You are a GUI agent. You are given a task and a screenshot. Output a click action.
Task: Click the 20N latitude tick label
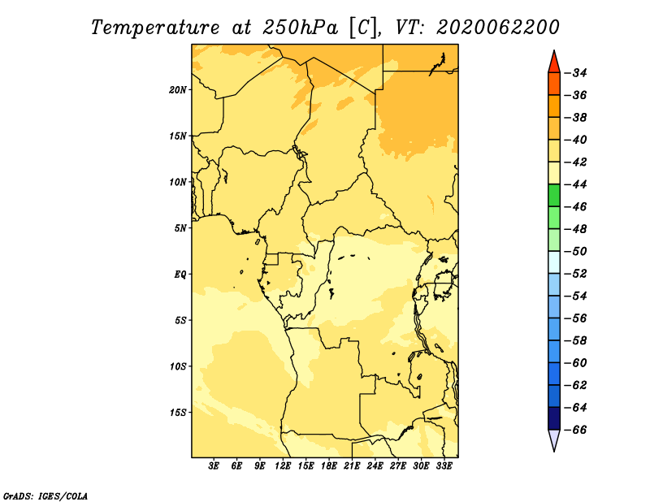coord(177,90)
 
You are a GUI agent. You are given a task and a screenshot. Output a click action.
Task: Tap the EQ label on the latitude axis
coord(180,275)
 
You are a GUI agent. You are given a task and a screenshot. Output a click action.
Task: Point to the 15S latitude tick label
coord(178,413)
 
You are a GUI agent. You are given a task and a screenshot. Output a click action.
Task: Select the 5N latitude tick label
coord(180,228)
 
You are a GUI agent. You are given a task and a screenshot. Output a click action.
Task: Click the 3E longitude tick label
coord(214,465)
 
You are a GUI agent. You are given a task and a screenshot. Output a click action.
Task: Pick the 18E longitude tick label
coord(329,465)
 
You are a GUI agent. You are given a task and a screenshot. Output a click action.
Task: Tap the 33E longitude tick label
coord(444,465)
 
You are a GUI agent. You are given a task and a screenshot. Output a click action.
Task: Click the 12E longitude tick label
coord(283,465)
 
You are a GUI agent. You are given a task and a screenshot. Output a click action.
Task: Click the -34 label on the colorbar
coord(576,73)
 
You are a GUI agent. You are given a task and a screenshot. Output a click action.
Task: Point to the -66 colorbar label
coord(576,430)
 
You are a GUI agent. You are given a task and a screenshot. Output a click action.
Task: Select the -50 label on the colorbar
coord(576,252)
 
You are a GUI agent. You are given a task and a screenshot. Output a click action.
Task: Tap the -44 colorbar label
coord(576,184)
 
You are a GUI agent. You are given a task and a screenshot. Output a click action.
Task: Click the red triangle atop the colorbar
coord(554,63)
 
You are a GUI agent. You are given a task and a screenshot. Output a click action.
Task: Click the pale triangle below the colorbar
coord(554,438)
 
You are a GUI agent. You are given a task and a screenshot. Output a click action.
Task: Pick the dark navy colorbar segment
coord(554,418)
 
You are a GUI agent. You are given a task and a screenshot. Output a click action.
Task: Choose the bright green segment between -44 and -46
coord(554,195)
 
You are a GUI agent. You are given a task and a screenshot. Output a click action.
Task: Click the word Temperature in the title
coord(155,28)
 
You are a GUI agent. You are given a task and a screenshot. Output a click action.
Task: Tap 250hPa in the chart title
coord(300,28)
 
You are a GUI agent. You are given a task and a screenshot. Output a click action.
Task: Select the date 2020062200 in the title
coord(497,28)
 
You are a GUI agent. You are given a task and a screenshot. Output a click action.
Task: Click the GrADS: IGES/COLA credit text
coord(45,496)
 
